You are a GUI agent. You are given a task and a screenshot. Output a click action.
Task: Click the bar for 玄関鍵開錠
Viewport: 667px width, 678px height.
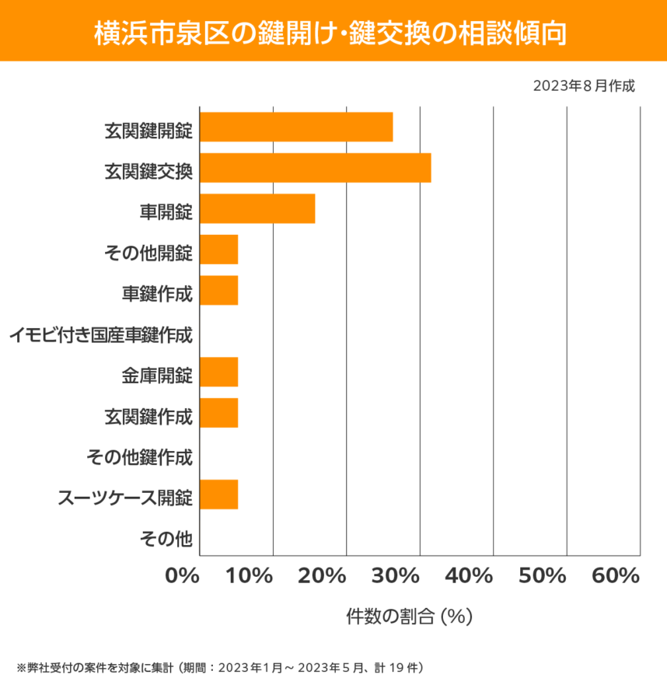click(296, 127)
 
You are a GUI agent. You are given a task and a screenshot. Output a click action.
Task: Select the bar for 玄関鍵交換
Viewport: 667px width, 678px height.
click(315, 168)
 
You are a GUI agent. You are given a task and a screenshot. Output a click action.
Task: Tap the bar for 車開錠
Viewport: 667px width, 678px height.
click(257, 208)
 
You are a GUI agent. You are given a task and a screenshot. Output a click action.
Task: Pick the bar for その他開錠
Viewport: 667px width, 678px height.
click(219, 250)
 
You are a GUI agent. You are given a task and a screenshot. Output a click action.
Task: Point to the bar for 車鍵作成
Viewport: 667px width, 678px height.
click(219, 290)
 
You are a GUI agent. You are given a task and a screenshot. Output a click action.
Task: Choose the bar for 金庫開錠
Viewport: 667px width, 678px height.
click(219, 372)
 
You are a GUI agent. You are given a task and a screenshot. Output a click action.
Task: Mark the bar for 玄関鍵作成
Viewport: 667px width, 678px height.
click(219, 413)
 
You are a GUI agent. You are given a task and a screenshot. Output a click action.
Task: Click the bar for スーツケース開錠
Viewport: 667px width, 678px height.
click(219, 495)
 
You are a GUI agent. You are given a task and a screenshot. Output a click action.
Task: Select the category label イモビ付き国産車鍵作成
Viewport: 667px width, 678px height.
click(100, 336)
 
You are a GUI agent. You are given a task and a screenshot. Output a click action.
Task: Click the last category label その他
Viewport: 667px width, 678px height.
click(166, 537)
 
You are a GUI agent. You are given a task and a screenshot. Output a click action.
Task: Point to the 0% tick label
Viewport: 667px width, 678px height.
click(183, 576)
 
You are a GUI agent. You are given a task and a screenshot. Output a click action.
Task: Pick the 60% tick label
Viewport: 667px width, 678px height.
click(615, 576)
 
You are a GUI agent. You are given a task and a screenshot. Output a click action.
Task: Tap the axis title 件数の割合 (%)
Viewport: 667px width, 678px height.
click(409, 617)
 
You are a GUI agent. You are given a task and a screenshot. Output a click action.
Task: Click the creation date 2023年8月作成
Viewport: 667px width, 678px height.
click(584, 86)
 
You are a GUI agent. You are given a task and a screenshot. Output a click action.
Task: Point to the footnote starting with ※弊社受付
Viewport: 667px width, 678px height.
click(218, 667)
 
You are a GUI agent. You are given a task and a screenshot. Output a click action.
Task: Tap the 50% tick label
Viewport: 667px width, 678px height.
click(542, 576)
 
